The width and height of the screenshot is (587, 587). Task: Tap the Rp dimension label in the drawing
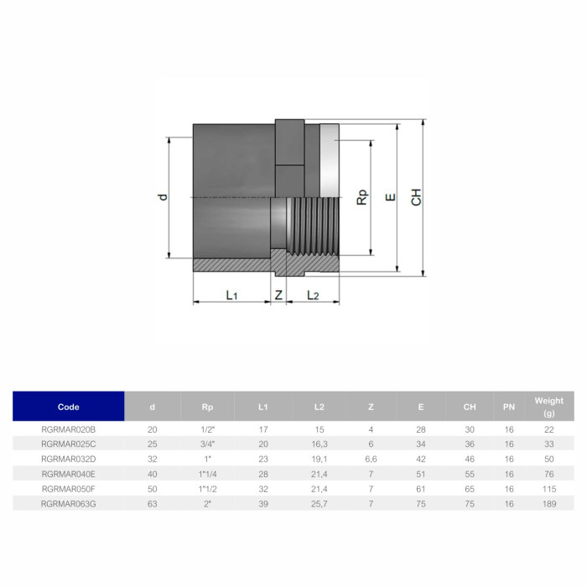click(361, 197)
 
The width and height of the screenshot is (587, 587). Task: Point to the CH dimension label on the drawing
click(417, 198)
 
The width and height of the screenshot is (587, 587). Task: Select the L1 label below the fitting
click(231, 295)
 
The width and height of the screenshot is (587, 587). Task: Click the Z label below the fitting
click(279, 295)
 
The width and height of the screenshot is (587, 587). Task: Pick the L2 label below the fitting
click(313, 295)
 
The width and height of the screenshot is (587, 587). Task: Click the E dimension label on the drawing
click(389, 198)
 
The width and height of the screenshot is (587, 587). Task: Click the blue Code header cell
click(69, 407)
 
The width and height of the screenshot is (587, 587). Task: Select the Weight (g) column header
click(549, 407)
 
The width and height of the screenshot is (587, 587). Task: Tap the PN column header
click(509, 407)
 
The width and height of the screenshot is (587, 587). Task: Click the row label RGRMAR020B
click(69, 429)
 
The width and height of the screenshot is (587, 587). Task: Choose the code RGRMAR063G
click(69, 503)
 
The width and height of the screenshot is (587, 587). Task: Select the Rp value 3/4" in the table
click(207, 444)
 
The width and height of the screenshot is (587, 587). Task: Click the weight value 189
click(549, 503)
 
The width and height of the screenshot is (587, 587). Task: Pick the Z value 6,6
click(371, 459)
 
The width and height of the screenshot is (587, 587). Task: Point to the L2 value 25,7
click(319, 503)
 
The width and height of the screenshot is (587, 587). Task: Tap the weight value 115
click(549, 488)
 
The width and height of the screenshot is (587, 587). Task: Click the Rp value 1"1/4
click(207, 474)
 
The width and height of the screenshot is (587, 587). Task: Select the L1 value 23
click(263, 459)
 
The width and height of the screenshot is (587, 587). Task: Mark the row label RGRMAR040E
click(69, 474)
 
